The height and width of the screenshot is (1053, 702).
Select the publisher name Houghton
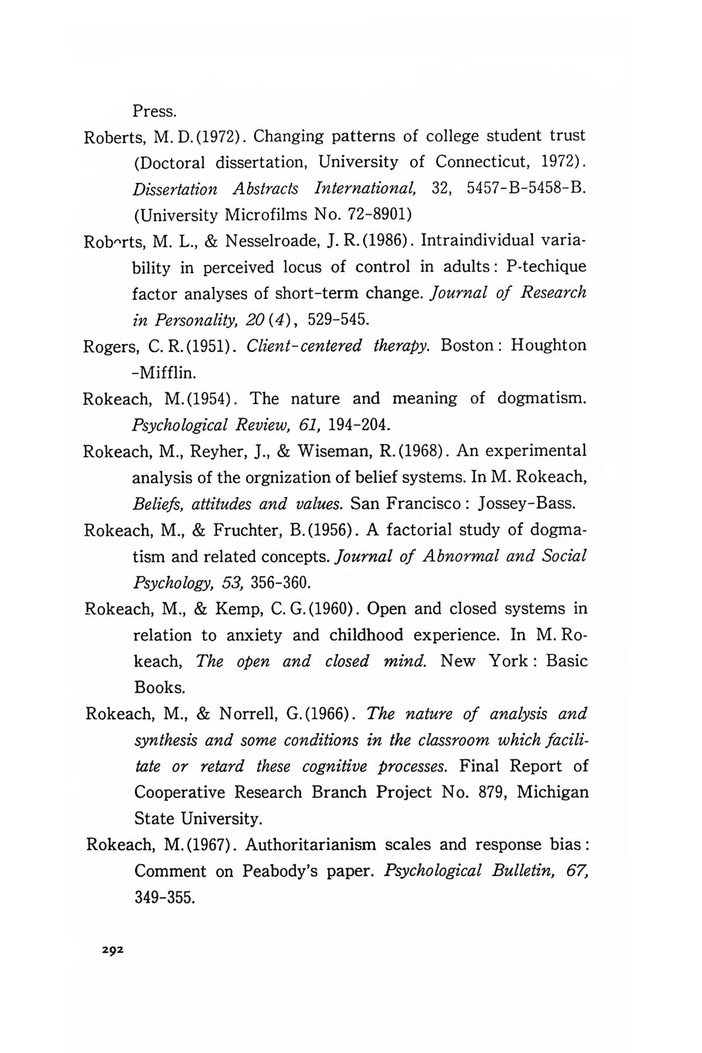(x=548, y=345)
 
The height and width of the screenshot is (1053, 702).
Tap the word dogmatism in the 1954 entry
(x=541, y=398)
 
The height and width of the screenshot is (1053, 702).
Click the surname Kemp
(x=236, y=609)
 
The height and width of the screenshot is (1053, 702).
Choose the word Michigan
(x=553, y=793)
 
